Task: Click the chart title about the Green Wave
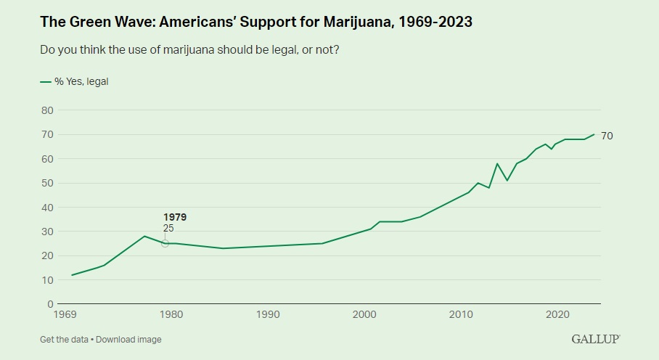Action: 256,22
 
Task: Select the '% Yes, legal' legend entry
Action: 74,82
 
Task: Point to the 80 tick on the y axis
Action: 47,110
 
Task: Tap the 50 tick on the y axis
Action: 47,183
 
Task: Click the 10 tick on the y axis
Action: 47,280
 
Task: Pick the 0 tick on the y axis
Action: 50,304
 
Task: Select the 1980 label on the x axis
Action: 171,315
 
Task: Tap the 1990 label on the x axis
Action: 268,315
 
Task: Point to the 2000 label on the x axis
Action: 364,315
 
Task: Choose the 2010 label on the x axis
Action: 461,315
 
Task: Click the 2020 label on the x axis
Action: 557,315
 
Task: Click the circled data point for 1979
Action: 165,243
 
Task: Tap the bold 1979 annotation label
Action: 174,217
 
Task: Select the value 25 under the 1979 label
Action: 168,228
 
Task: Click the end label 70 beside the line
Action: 607,136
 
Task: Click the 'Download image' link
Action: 128,340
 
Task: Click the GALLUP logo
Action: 595,339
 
